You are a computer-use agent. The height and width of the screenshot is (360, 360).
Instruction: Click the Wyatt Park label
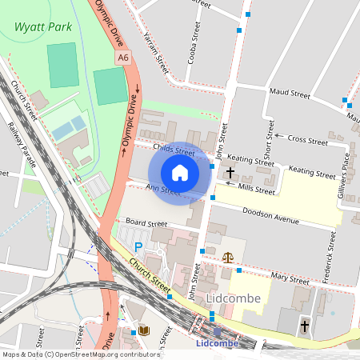(x=42, y=26)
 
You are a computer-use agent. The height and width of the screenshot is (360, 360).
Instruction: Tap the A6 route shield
(x=122, y=58)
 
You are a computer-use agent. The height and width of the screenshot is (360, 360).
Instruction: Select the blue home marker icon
(x=180, y=173)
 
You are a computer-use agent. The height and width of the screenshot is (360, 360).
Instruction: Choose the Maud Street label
(x=289, y=94)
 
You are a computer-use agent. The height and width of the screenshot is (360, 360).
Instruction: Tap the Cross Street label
(x=307, y=140)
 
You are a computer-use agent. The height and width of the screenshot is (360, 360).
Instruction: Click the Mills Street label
(x=256, y=190)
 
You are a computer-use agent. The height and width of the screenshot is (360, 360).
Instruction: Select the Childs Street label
(x=173, y=150)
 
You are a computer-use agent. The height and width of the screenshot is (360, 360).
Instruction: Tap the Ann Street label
(x=162, y=189)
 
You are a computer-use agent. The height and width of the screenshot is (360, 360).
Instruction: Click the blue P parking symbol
(x=138, y=247)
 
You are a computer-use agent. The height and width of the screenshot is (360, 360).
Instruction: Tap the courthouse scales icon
(x=230, y=258)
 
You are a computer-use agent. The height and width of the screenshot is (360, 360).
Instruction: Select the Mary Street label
(x=289, y=279)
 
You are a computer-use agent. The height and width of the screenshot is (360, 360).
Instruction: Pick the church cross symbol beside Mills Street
(x=230, y=172)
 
